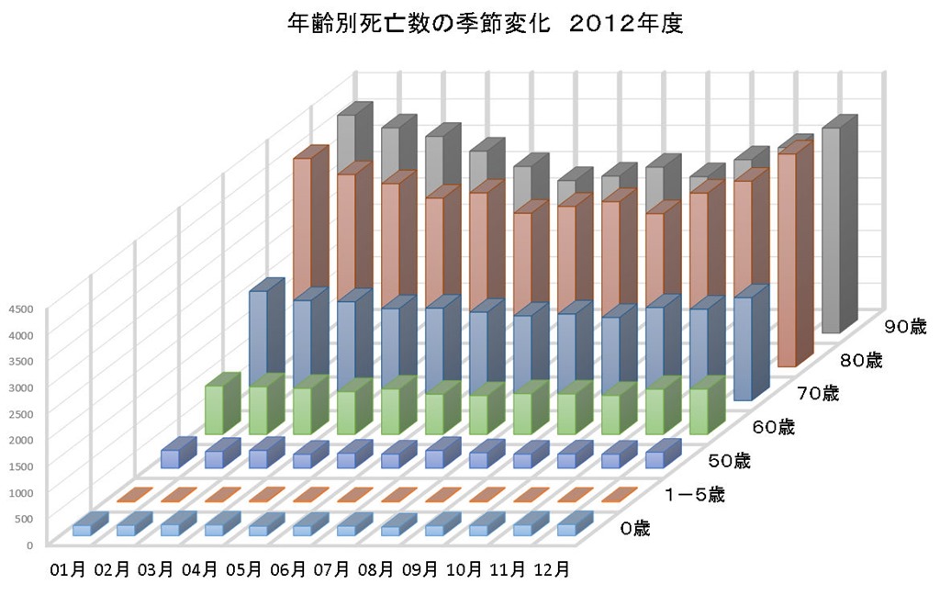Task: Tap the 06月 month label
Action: coord(290,570)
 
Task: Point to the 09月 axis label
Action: coord(421,570)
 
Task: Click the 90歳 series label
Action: coord(905,326)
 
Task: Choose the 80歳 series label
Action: coord(861,361)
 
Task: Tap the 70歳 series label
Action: coord(817,394)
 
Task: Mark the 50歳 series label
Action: coord(730,460)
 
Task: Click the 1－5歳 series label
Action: coord(695,496)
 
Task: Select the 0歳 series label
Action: coord(634,529)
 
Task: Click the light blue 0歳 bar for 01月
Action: coord(83,529)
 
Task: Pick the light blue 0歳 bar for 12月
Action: coord(568,529)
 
